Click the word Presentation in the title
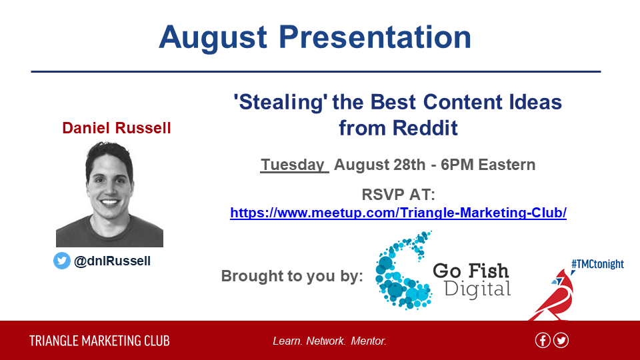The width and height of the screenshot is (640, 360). [x=375, y=37]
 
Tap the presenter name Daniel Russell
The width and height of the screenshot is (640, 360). [x=116, y=128]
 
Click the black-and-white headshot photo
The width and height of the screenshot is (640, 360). [x=109, y=194]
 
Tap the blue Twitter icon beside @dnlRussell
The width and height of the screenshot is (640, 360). [x=62, y=261]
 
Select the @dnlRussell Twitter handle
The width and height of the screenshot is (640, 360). [x=112, y=261]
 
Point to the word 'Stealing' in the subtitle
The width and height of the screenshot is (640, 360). [x=281, y=102]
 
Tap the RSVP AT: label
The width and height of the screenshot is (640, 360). [x=399, y=194]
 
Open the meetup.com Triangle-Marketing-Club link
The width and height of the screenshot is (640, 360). [x=399, y=213]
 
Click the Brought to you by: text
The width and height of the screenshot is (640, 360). [x=292, y=276]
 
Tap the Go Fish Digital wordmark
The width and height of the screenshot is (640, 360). [x=472, y=280]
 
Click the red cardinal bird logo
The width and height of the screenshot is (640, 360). [x=553, y=295]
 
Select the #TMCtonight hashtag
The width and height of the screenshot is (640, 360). [x=597, y=264]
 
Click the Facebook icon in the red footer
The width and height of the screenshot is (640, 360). [x=543, y=341]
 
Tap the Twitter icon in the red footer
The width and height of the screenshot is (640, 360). [x=561, y=341]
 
